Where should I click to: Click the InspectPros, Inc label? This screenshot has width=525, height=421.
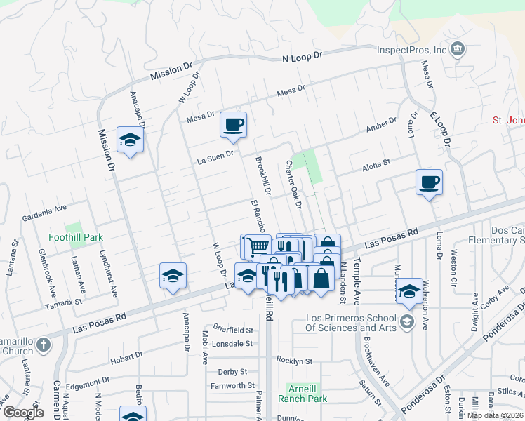[x=411, y=50]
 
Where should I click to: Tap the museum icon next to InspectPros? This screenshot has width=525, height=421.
[x=458, y=48]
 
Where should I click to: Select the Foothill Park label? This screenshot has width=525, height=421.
[x=75, y=238]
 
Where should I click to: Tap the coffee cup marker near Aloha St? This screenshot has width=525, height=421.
[x=429, y=182]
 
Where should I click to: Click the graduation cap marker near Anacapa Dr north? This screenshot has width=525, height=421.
[x=130, y=140]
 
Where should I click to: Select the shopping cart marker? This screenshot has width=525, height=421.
[x=257, y=246]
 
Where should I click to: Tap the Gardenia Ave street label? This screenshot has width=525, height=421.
[x=44, y=208]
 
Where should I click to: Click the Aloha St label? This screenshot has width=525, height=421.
[x=376, y=165]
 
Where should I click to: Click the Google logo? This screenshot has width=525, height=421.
[x=23, y=413]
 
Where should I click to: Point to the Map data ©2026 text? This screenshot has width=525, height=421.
[x=495, y=415]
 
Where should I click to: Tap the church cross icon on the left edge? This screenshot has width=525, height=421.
[x=44, y=345]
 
